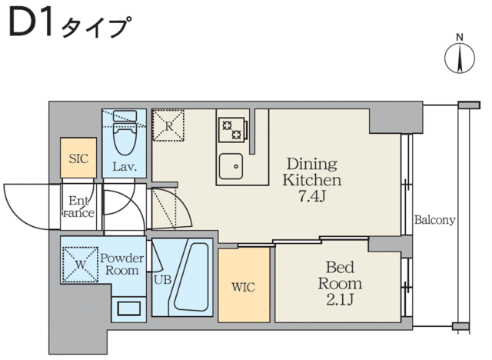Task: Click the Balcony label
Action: pos(434,219)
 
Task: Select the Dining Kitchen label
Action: pos(312,172)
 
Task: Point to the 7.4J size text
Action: pos(312,196)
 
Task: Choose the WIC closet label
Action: pos(243,287)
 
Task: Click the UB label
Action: pos(161,279)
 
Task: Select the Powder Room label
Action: pos(118,264)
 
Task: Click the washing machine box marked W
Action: pos(78,262)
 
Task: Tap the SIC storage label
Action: pos(78,159)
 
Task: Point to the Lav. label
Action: pos(125,167)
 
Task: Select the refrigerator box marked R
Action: pos(169,125)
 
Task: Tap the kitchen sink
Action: pos(230,165)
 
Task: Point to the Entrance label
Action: pos(78,206)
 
